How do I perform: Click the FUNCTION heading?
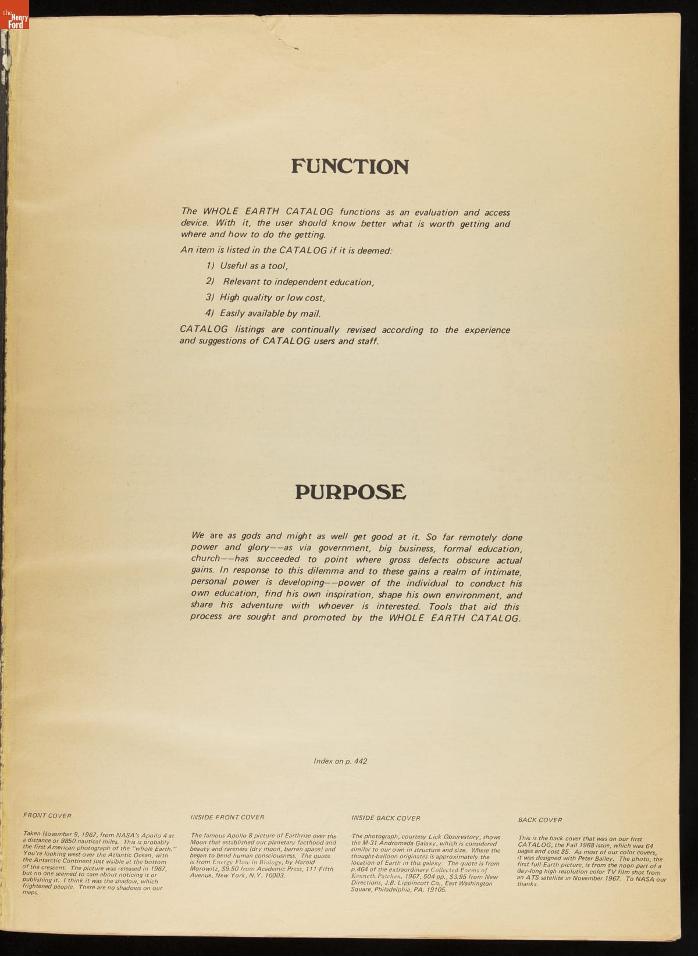(x=350, y=167)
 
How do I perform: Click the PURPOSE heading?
(x=350, y=492)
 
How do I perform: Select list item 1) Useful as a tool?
(x=247, y=266)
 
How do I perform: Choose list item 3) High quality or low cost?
(x=265, y=298)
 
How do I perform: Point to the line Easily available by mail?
(x=263, y=313)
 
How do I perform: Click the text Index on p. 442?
(x=340, y=761)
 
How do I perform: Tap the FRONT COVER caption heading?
(x=47, y=815)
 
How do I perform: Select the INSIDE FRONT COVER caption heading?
(x=227, y=817)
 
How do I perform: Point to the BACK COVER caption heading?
(x=540, y=820)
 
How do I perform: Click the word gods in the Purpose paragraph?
(x=251, y=536)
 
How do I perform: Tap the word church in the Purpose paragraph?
(x=205, y=559)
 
